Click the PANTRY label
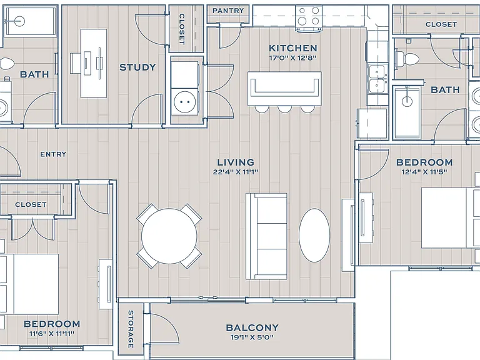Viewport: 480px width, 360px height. pos(228,11)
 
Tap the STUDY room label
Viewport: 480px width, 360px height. pos(137,67)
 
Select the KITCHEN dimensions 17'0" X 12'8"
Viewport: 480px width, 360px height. pos(292,58)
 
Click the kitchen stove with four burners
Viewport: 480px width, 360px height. pos(309,18)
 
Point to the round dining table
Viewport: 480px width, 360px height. pos(169,236)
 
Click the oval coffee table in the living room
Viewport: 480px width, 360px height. pos(314,235)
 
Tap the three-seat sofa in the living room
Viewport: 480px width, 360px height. pos(266,236)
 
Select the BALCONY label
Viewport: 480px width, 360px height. pos(252,327)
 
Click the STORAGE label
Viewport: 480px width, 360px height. pos(131,329)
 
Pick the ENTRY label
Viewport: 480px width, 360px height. pos(53,154)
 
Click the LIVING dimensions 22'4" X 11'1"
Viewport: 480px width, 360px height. pos(236,172)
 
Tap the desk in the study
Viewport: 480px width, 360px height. pos(94,63)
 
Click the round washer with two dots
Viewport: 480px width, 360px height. pos(184,102)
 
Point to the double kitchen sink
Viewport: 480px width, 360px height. pos(377,79)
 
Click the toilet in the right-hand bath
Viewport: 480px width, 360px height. pos(407,58)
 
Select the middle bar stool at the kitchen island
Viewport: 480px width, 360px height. pos(285,109)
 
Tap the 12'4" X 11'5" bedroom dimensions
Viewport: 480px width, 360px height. pos(424,172)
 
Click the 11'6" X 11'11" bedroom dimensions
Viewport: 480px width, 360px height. pos(52,334)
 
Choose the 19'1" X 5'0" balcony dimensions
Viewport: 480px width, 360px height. pos(252,337)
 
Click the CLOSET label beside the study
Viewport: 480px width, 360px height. pos(182,29)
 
